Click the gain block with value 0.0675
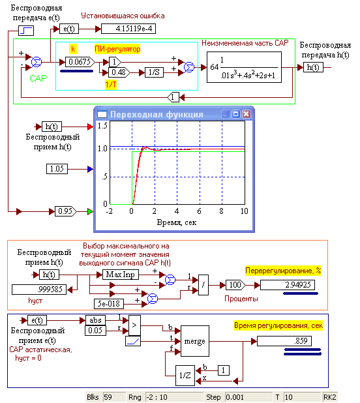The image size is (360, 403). pyautogui.click(x=80, y=62)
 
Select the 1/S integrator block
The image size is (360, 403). pyautogui.click(x=154, y=72)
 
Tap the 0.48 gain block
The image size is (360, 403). pyautogui.click(x=119, y=72)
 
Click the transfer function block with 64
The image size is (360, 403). pyautogui.click(x=244, y=67)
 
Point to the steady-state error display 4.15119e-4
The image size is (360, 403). pyautogui.click(x=128, y=29)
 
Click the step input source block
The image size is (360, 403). pyautogui.click(x=26, y=31)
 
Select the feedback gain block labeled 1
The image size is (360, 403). pyautogui.click(x=173, y=97)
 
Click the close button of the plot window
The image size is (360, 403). pyautogui.click(x=246, y=114)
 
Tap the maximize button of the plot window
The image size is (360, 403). pyautogui.click(x=235, y=114)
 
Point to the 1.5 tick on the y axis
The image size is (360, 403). pyautogui.click(x=102, y=126)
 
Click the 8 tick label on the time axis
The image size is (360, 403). pyautogui.click(x=221, y=211)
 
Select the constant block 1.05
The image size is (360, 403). pyautogui.click(x=57, y=169)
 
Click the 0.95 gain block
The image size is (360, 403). pyautogui.click(x=65, y=211)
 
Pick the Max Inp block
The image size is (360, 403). pyautogui.click(x=121, y=275)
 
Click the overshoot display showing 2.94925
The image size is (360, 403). pyautogui.click(x=288, y=285)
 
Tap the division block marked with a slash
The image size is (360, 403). pyautogui.click(x=203, y=285)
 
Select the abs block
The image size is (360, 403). pyautogui.click(x=95, y=320)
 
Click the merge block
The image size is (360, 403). pyautogui.click(x=195, y=341)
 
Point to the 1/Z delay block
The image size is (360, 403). pyautogui.click(x=185, y=376)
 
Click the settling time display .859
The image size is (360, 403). pyautogui.click(x=284, y=341)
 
